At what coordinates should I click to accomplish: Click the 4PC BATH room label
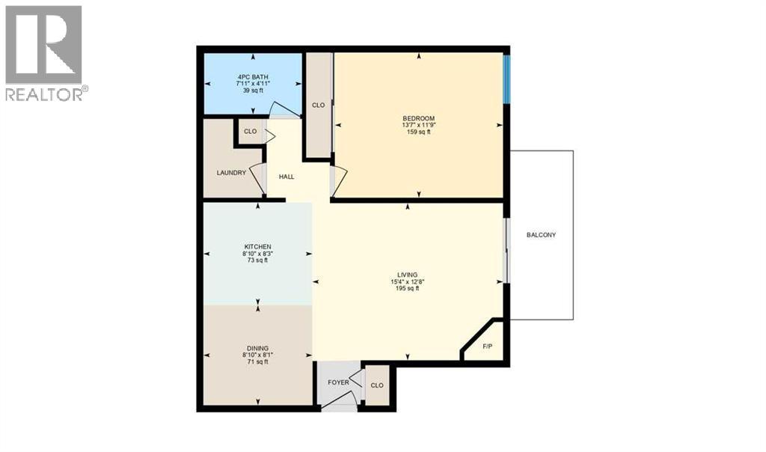click(252, 77)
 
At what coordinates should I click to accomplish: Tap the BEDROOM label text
click(418, 118)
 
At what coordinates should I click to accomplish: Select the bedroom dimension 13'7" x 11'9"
click(418, 125)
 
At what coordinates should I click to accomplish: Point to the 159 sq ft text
click(418, 132)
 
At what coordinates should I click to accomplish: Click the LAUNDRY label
click(231, 173)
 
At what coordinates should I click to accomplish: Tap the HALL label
click(287, 177)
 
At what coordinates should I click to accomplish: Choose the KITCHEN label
click(257, 247)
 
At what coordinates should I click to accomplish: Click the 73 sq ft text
click(257, 260)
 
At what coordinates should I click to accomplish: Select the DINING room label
click(257, 348)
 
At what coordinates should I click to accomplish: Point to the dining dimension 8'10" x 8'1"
click(257, 355)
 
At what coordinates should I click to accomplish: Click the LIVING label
click(408, 275)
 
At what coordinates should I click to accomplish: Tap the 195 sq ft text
click(408, 288)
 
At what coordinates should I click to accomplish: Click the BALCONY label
click(541, 235)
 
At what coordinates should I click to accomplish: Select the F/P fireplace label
click(488, 346)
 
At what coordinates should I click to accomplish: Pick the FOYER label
click(339, 382)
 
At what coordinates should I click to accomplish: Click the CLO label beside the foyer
click(377, 385)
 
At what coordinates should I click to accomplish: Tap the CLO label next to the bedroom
click(318, 105)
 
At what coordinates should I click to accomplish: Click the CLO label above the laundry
click(250, 132)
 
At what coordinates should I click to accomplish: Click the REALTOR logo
click(44, 53)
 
